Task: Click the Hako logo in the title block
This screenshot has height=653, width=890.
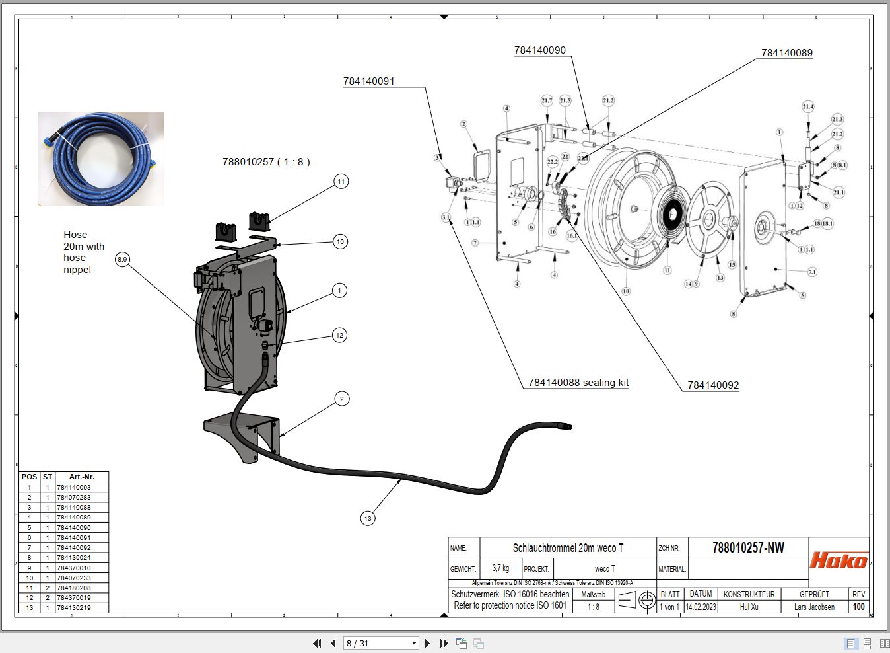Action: click(839, 560)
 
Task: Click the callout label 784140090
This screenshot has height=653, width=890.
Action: click(539, 50)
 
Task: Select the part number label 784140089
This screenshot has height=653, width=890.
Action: click(786, 53)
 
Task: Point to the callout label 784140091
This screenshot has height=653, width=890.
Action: click(368, 81)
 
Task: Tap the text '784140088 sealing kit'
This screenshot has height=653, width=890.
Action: click(578, 383)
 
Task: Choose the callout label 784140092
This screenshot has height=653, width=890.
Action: click(713, 385)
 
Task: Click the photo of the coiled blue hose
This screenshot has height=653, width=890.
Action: click(100, 159)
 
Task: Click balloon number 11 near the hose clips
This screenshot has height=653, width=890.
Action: click(341, 181)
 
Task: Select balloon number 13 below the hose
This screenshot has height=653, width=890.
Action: click(368, 518)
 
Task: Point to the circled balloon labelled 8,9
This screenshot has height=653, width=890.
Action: click(122, 260)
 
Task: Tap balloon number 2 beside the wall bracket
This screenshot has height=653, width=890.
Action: click(341, 399)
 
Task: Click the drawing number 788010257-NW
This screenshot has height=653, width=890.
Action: click(748, 548)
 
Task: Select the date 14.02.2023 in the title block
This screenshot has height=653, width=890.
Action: click(701, 607)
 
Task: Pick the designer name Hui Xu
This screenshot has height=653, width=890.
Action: click(749, 607)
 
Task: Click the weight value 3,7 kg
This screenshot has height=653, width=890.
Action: click(500, 568)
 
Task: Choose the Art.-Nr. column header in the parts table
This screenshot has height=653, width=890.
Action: click(81, 477)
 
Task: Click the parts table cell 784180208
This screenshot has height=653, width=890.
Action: click(74, 588)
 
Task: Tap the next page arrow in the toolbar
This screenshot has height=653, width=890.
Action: click(427, 643)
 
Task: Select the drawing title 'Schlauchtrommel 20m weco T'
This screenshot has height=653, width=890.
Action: click(568, 548)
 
